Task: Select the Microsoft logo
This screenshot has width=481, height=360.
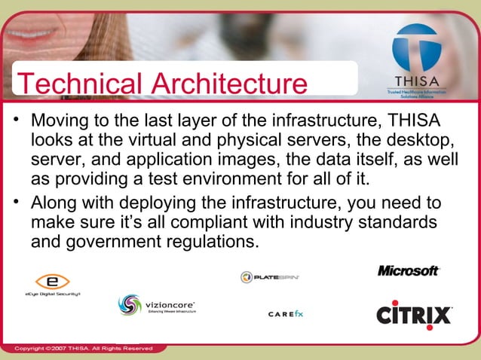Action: [408, 270]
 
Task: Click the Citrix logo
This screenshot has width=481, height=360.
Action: [414, 313]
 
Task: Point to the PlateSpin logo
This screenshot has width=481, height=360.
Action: [270, 277]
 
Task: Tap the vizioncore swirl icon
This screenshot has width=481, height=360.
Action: [129, 305]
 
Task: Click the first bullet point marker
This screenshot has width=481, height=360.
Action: [17, 122]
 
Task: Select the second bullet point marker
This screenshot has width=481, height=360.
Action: [17, 205]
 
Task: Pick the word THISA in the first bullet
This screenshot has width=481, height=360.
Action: [414, 121]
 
